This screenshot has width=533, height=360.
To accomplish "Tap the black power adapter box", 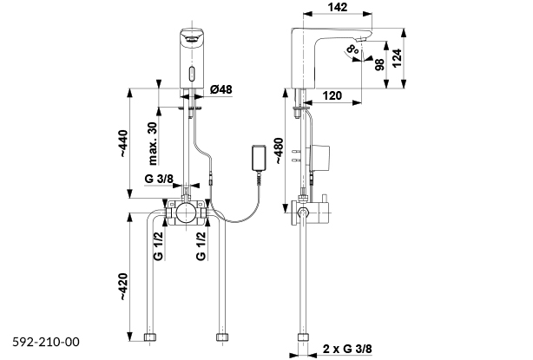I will click(x=259, y=159).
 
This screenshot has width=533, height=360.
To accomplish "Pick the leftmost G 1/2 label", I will click(x=159, y=245).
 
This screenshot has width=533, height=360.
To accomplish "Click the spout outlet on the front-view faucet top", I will click(x=192, y=37).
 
